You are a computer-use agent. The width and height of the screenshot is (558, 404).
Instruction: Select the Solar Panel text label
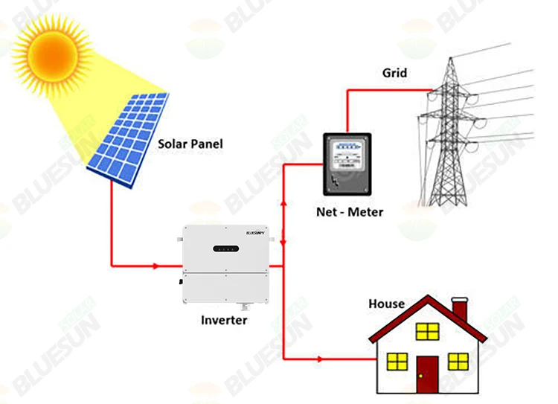tap(190, 143)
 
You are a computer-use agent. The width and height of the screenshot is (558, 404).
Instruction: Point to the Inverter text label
tap(224, 321)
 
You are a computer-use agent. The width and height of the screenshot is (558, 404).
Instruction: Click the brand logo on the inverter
tap(257, 233)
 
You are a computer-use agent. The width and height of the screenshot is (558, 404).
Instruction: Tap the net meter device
tap(344, 167)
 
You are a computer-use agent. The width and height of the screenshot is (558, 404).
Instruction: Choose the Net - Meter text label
tap(349, 212)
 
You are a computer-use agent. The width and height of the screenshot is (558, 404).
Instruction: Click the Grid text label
tap(395, 72)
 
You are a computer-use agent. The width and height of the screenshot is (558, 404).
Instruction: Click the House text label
tap(387, 304)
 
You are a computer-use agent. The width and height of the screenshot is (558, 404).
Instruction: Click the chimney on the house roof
tap(460, 310)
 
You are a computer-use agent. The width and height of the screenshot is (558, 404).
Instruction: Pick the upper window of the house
tap(428, 330)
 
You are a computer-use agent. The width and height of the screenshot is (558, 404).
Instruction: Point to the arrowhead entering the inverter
tap(155, 265)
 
